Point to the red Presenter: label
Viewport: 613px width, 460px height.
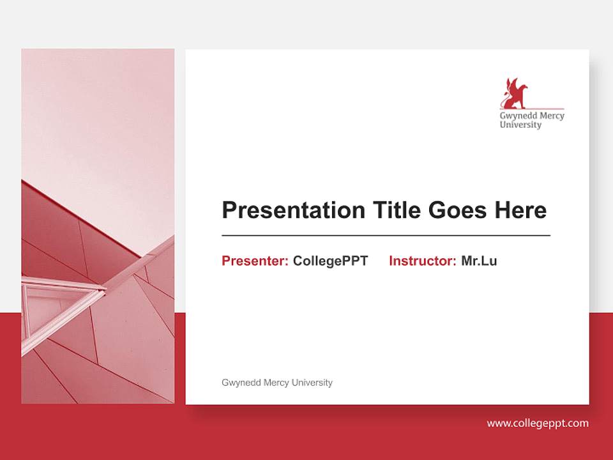coord(255,261)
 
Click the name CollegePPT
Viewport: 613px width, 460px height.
coord(330,261)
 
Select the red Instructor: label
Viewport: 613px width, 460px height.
coord(422,261)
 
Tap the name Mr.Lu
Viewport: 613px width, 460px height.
coord(479,261)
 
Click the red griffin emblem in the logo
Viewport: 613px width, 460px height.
coord(515,93)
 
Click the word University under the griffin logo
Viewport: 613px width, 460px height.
coord(520,125)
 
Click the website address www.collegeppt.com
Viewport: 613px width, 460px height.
coord(538,423)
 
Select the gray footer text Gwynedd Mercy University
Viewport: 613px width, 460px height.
coord(276,383)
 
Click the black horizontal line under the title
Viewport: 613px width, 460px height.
coord(386,236)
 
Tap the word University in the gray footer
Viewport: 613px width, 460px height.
coord(312,383)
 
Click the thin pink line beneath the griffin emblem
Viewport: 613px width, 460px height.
coord(543,109)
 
